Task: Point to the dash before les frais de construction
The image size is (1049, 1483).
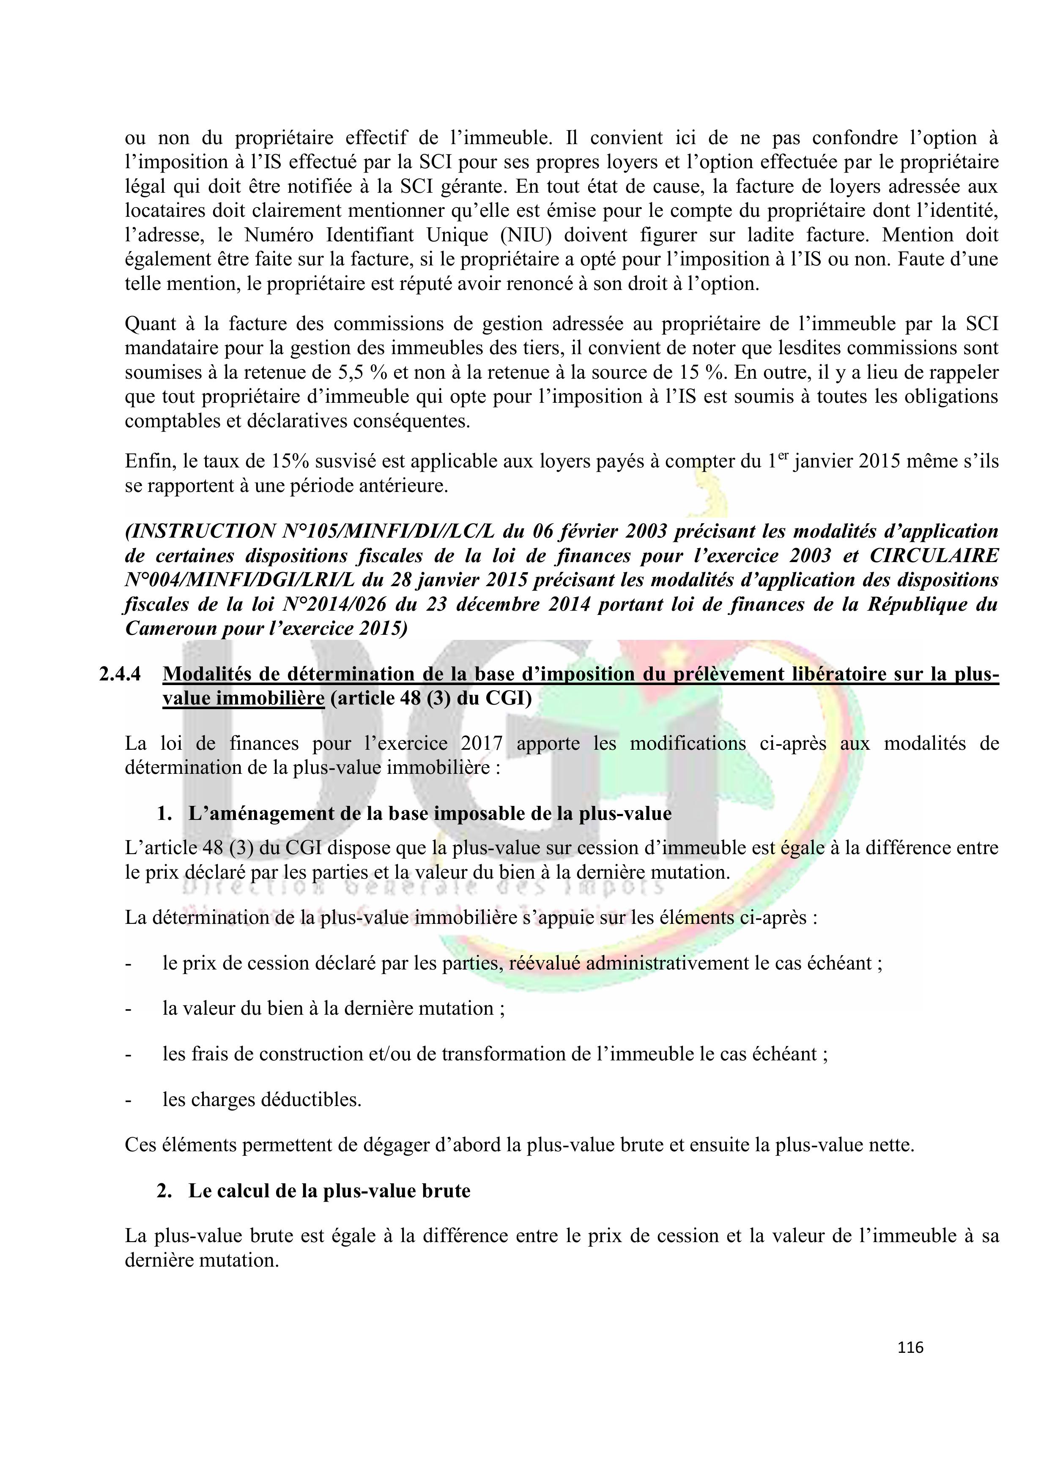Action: [128, 1054]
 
